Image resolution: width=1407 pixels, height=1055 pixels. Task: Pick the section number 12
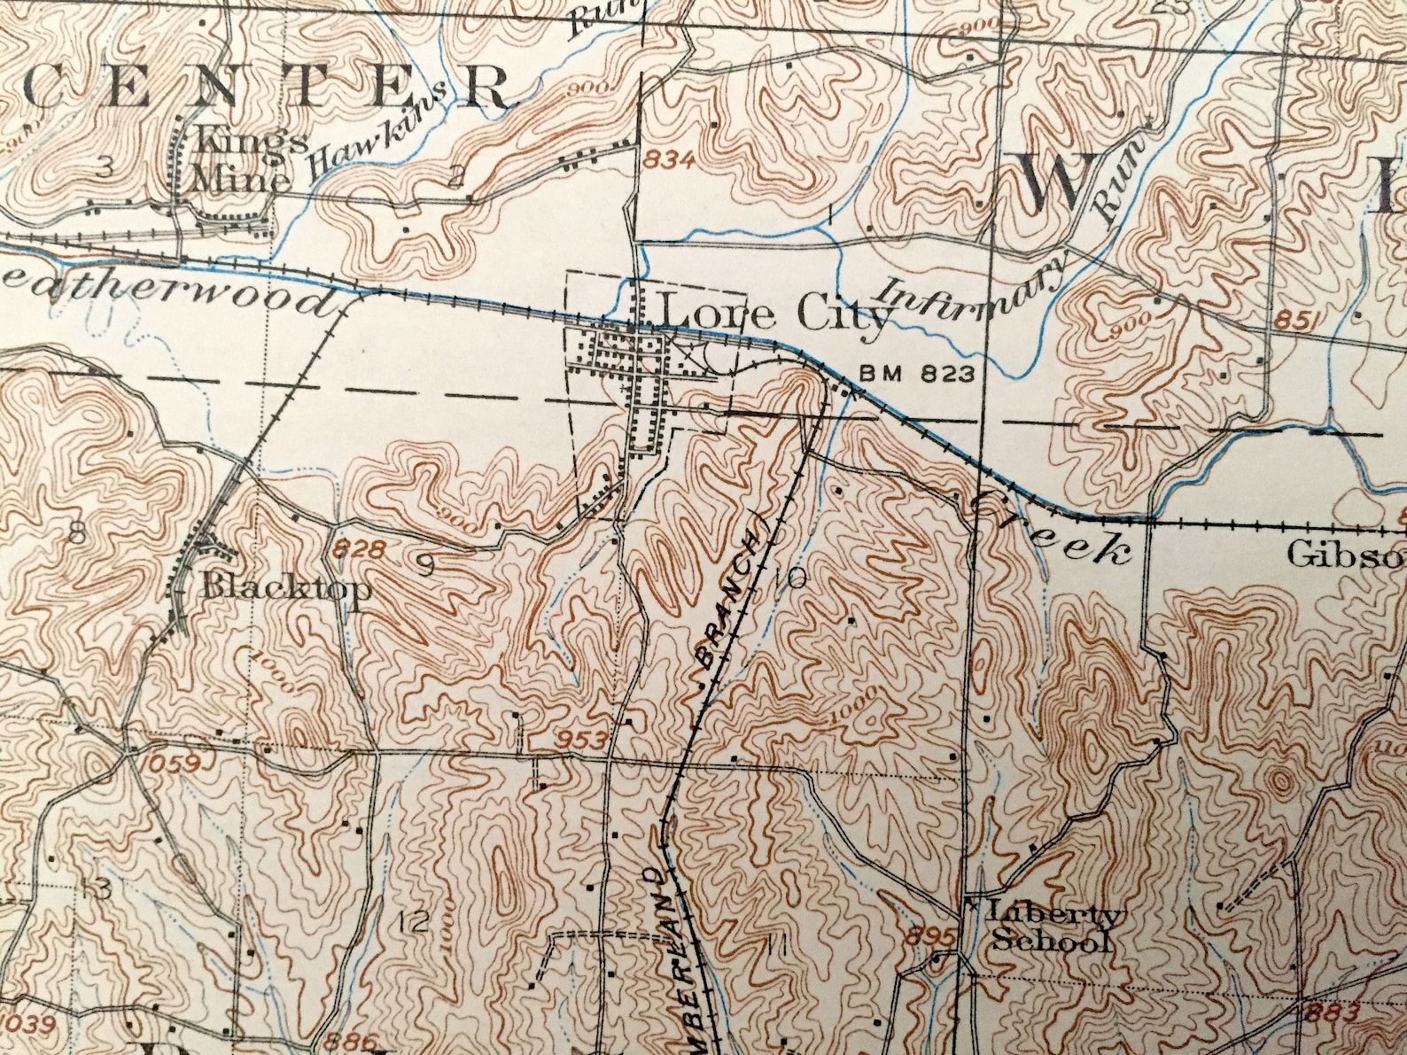[x=413, y=921]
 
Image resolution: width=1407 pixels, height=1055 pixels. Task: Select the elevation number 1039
[x=30, y=1024]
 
